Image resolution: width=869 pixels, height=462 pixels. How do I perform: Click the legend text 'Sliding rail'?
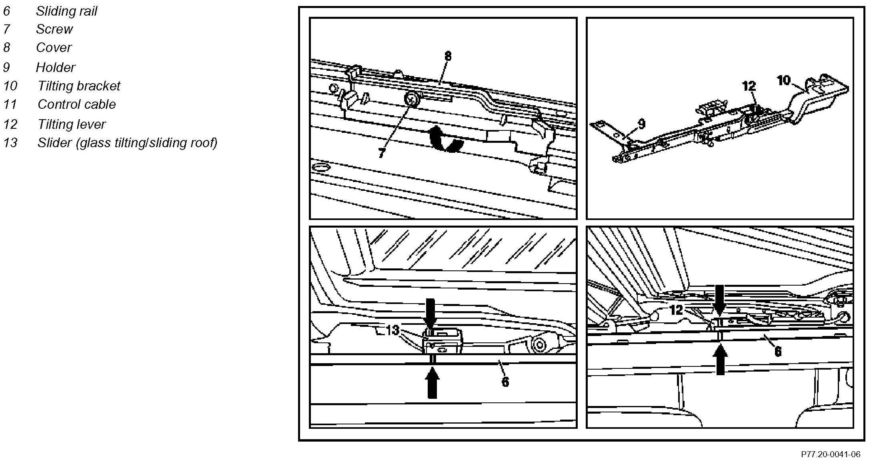[66, 11]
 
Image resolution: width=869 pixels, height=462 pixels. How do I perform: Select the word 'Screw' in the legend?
[54, 29]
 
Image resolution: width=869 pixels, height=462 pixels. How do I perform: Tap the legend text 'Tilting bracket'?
[79, 86]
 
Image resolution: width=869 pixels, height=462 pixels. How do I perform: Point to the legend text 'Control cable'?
[77, 104]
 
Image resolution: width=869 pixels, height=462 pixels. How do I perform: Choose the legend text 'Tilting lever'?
[72, 124]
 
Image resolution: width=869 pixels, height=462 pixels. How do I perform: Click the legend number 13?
[10, 143]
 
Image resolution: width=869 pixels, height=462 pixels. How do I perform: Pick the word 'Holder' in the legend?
[56, 67]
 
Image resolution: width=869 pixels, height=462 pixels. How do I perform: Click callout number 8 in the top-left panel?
[448, 56]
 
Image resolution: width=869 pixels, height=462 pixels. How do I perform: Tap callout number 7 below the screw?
[382, 153]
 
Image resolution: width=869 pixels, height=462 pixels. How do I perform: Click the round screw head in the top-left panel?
[412, 98]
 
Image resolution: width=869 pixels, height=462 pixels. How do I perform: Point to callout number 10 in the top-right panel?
[784, 80]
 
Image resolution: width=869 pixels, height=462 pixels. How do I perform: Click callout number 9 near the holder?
[641, 124]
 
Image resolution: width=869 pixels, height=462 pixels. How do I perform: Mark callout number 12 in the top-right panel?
[749, 86]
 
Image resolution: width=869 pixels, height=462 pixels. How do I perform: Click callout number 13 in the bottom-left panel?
[392, 330]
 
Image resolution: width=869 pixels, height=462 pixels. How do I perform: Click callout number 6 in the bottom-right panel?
[778, 352]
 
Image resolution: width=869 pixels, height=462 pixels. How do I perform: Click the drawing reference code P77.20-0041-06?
[830, 454]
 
